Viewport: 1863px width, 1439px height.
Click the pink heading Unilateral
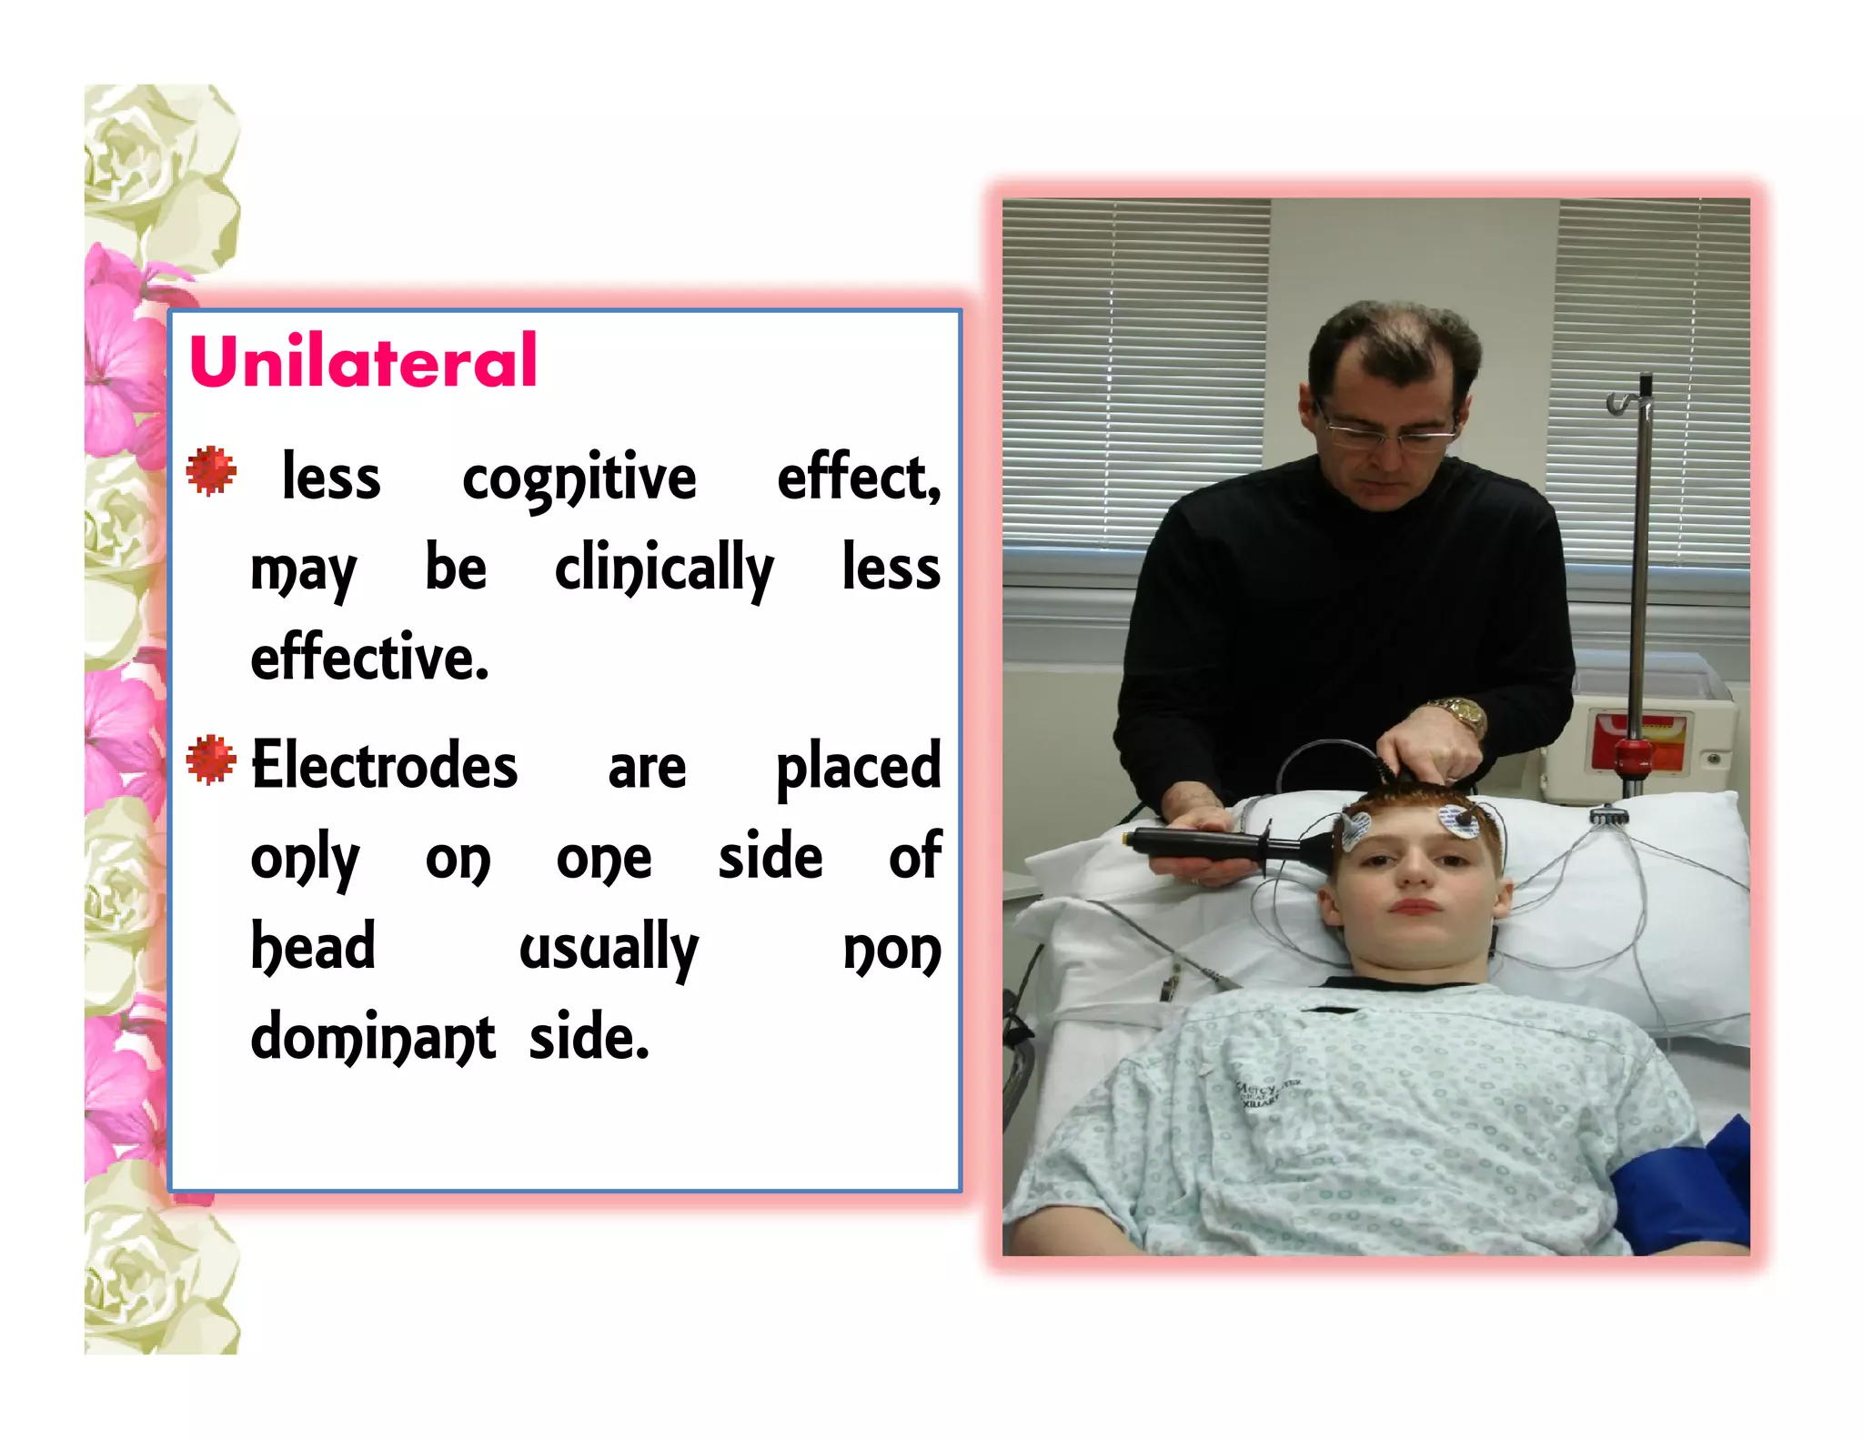click(x=363, y=361)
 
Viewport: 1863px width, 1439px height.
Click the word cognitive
click(x=579, y=479)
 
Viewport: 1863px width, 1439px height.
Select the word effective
click(x=369, y=657)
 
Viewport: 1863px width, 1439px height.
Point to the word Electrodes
click(x=384, y=766)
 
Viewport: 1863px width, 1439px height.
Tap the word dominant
click(x=373, y=1038)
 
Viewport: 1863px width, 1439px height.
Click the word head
click(x=313, y=946)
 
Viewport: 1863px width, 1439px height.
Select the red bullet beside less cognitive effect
click(x=211, y=471)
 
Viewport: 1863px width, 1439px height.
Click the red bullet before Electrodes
click(x=211, y=760)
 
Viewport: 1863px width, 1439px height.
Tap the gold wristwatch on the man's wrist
click(x=1458, y=715)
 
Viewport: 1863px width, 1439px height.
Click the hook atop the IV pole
click(x=1623, y=399)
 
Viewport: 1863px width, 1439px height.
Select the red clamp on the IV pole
click(x=1634, y=754)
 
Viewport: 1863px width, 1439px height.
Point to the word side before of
click(x=770, y=857)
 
